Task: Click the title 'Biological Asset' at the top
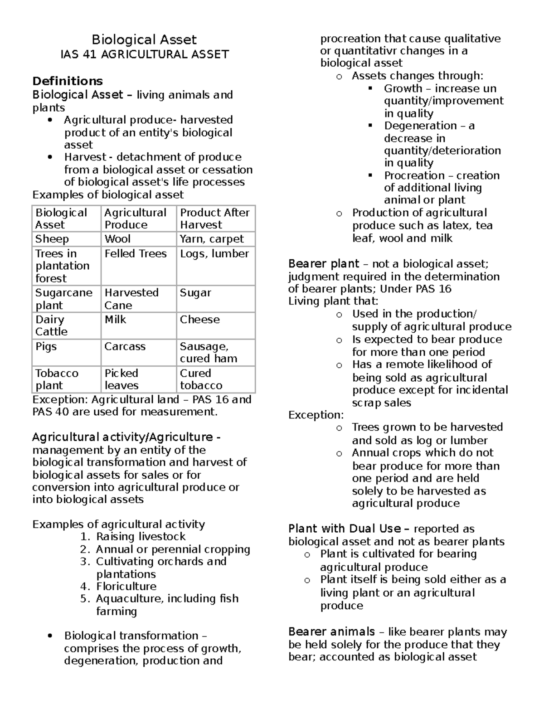[x=144, y=40]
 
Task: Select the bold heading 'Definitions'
[x=67, y=81]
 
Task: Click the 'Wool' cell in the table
[x=117, y=239]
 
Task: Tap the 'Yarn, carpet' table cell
[x=212, y=239]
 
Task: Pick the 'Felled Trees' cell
[x=136, y=253]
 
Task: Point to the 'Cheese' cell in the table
[x=199, y=320]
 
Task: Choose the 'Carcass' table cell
[x=125, y=346]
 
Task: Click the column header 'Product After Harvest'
[x=214, y=218]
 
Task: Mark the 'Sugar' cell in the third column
[x=195, y=293]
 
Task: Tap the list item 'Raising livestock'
[x=141, y=537]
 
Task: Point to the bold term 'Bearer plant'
[x=323, y=264]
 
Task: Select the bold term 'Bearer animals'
[x=331, y=632]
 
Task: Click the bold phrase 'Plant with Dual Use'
[x=345, y=529]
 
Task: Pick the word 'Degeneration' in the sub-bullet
[x=414, y=126]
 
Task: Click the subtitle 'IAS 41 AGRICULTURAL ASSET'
[x=144, y=55]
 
